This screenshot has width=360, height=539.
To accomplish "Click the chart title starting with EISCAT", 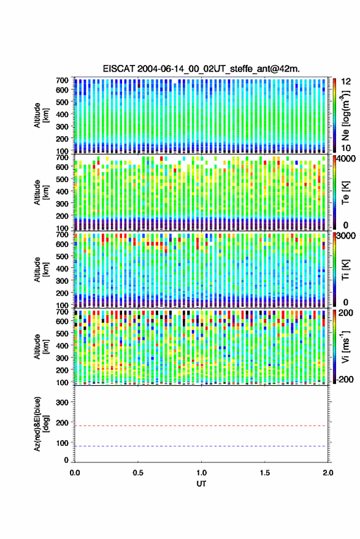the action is pos(201,69).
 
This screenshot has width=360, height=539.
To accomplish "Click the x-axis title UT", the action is pos(201,484).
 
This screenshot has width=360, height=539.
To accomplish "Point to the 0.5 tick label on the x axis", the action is pos(138,473).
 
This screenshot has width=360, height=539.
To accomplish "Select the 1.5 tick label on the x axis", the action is pos(265,473).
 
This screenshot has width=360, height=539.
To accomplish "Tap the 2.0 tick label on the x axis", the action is pos(328,473).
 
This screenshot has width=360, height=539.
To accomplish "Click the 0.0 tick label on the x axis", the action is pos(75,473).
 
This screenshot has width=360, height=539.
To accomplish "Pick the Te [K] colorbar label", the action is pos(345,193).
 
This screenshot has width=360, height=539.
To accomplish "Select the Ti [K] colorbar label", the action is pos(345,270).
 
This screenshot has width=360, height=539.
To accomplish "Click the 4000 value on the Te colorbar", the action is pos(346,159).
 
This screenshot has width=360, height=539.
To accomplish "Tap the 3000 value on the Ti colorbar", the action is pos(346,236).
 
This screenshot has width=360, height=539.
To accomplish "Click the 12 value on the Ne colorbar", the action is pos(346,82).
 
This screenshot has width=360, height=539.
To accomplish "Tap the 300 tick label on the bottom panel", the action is pos(62,402).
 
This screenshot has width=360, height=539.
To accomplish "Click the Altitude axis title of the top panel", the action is pos(41,115).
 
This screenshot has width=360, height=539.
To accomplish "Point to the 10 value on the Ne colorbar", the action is pos(346,148).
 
